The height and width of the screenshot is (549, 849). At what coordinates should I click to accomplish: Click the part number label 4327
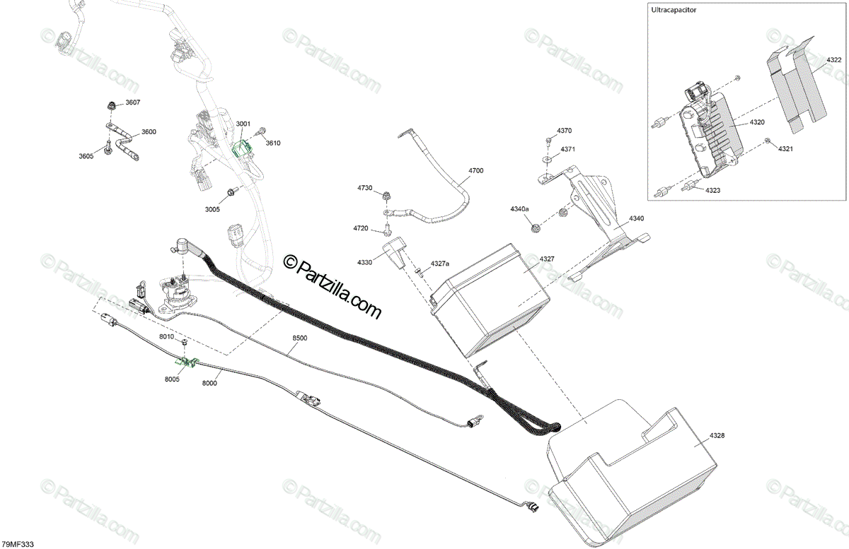point(546,259)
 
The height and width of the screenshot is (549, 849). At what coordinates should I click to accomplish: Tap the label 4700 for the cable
point(475,171)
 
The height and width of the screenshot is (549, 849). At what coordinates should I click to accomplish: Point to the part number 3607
point(133,103)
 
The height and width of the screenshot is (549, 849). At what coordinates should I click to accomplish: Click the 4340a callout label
point(519,210)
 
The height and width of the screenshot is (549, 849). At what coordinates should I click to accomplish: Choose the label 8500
point(300,338)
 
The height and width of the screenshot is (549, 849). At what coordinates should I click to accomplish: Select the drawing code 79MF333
point(18,543)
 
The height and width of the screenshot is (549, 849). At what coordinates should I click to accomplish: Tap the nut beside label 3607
point(111,106)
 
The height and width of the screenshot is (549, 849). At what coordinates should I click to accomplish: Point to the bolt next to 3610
point(261,131)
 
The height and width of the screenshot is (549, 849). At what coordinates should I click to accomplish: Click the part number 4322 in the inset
point(833,61)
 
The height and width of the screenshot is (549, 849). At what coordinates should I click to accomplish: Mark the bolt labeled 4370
point(549,138)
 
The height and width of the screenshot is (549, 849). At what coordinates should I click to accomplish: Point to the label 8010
point(166,337)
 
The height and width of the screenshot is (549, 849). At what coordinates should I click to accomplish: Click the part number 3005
point(212,209)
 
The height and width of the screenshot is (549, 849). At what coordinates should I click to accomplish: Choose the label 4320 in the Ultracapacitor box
point(757,122)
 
